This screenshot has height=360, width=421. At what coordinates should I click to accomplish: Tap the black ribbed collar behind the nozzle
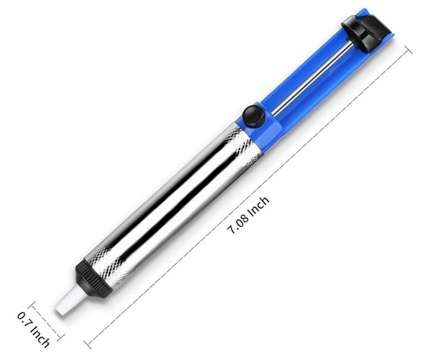(x=93, y=280)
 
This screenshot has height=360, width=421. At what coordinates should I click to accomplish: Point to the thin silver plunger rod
(x=312, y=79)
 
